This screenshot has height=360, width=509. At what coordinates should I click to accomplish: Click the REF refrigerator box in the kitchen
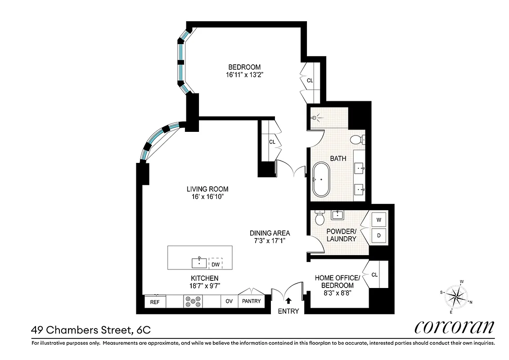click(x=154, y=302)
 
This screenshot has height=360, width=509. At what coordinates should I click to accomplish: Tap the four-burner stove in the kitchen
click(x=193, y=301)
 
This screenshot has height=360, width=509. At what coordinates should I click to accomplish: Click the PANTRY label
click(x=251, y=301)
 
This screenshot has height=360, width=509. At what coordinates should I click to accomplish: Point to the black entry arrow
click(x=288, y=301)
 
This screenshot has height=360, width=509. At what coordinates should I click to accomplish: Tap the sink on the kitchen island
click(x=199, y=262)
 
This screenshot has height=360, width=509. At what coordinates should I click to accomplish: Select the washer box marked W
click(x=378, y=220)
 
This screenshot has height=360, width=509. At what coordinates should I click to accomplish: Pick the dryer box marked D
click(x=378, y=235)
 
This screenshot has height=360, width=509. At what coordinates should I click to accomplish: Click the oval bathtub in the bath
click(x=321, y=179)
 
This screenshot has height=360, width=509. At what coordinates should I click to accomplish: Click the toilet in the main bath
click(x=357, y=139)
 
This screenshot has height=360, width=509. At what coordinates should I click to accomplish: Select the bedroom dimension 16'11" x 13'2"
click(x=244, y=75)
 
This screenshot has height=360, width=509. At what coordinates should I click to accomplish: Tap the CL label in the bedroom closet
click(x=310, y=81)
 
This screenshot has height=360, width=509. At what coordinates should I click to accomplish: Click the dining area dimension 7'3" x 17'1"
click(x=270, y=241)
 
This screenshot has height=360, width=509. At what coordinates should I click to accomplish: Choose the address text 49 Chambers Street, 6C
click(x=90, y=330)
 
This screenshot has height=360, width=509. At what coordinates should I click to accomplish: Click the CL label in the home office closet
click(x=374, y=274)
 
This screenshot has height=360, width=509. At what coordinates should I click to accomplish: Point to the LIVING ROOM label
click(x=208, y=189)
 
